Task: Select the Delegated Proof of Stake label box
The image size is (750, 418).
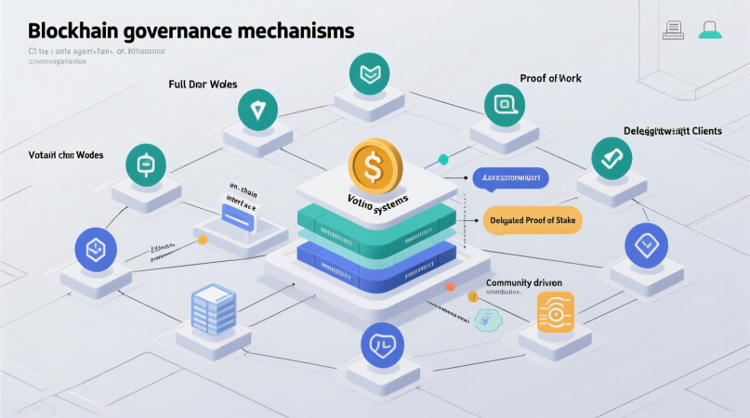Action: (531, 219)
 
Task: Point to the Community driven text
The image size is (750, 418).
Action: (523, 282)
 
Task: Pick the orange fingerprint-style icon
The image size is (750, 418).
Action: (556, 310)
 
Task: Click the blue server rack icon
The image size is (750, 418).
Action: (214, 309)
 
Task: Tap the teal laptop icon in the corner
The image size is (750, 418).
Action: (711, 30)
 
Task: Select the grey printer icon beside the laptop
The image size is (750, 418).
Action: (673, 30)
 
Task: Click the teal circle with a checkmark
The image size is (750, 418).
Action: (612, 159)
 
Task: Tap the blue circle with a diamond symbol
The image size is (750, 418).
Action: (646, 244)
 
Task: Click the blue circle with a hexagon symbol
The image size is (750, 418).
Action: (96, 249)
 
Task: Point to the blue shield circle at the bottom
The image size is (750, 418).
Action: (382, 345)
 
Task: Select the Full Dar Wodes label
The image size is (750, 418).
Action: (203, 85)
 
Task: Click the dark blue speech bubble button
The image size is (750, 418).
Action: (510, 177)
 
